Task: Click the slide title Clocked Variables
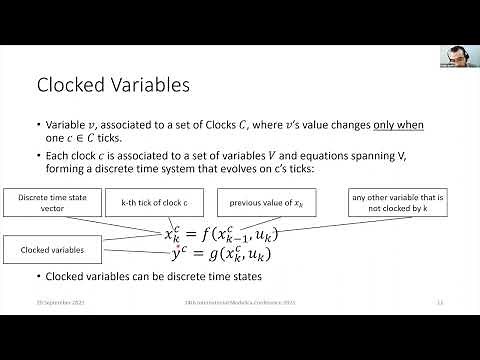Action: point(113,86)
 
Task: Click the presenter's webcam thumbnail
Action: point(457,56)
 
